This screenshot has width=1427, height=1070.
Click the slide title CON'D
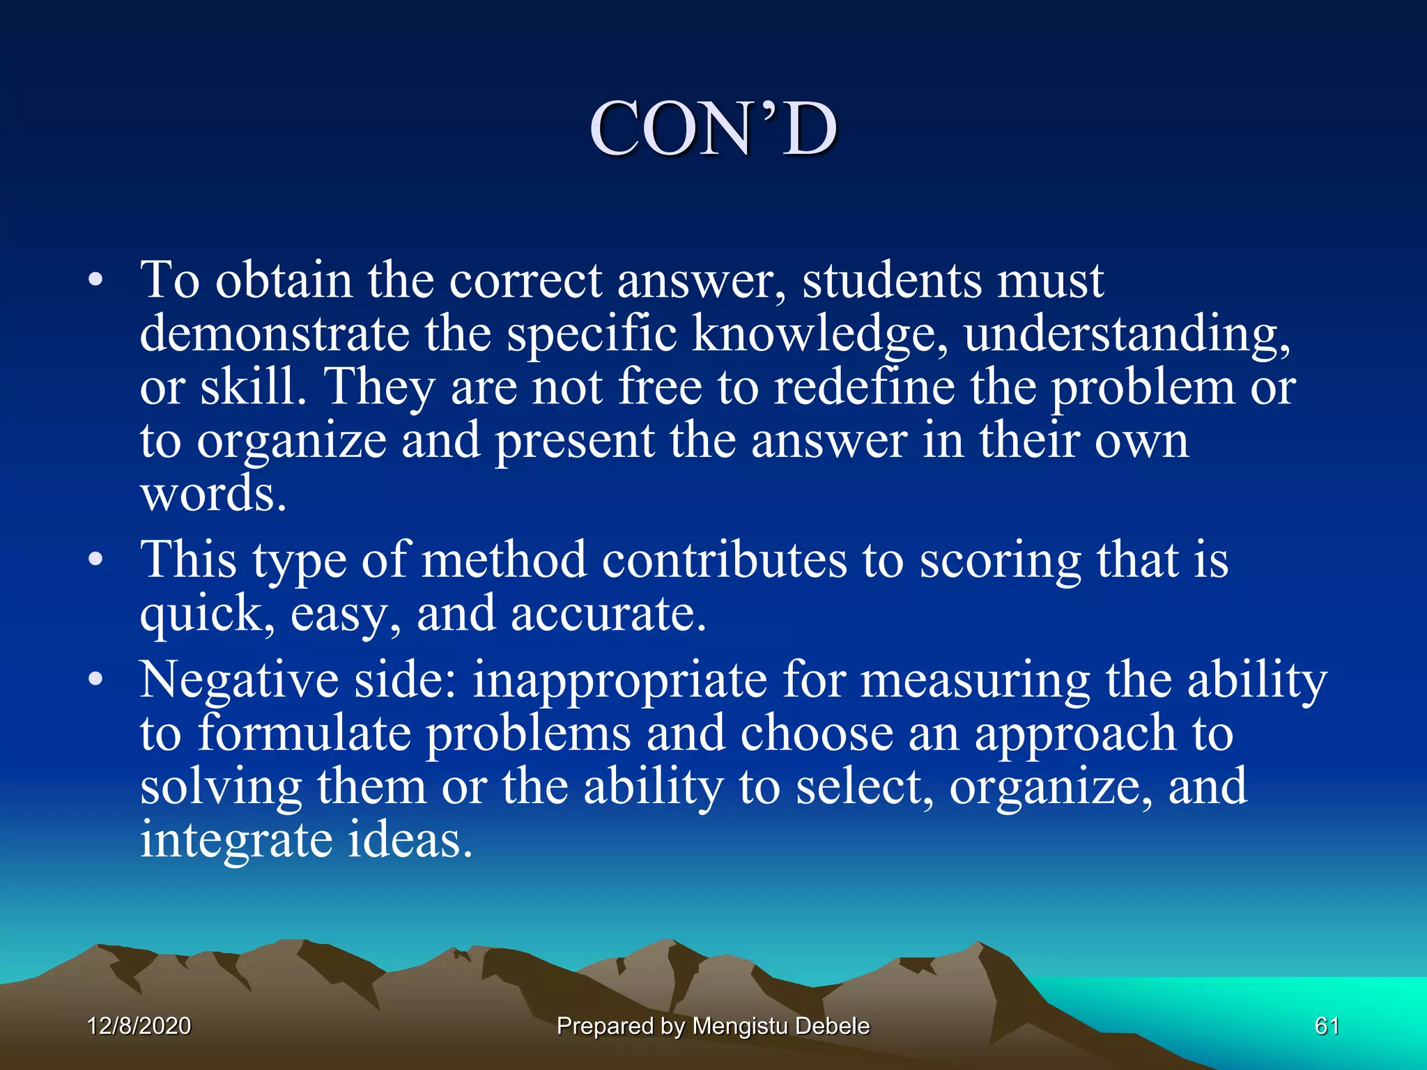click(x=713, y=129)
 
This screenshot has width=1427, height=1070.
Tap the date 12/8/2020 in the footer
click(x=139, y=1025)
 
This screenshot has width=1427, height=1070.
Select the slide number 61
click(x=1326, y=1025)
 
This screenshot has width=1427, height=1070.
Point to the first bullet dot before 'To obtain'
click(x=95, y=281)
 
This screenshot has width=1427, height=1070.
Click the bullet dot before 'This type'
click(x=95, y=560)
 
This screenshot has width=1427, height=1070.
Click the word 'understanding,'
click(x=1127, y=334)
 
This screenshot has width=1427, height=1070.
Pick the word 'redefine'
click(x=864, y=387)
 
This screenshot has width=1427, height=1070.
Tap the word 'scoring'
click(x=1000, y=560)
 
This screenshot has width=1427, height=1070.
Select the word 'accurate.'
click(x=608, y=614)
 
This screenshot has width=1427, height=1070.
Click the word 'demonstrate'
click(x=274, y=334)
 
